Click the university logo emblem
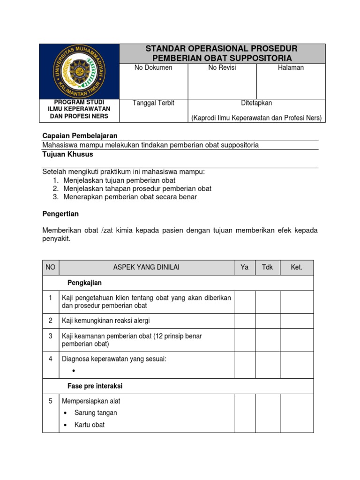79,71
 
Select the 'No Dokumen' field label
153,67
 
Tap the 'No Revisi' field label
222,67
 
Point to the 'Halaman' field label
291,67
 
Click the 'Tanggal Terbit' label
154,103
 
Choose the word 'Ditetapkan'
256,103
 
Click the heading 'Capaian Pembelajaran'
80,135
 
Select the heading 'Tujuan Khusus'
68,154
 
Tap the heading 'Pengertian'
60,214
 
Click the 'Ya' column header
244,267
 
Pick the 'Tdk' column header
267,267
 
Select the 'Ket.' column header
297,267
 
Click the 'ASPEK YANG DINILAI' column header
146,267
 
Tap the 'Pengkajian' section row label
84,283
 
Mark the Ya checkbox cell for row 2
244,321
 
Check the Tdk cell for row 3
267,340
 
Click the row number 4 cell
51,359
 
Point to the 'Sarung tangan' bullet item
95,413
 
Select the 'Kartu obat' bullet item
89,425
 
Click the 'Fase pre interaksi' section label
95,386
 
